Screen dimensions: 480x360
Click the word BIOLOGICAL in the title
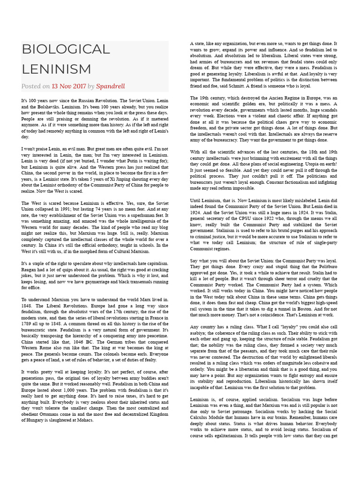(x=66, y=49)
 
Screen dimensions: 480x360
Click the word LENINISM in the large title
(x=56, y=69)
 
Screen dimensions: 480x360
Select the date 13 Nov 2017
(x=68, y=86)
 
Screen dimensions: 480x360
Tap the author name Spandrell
(x=111, y=86)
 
